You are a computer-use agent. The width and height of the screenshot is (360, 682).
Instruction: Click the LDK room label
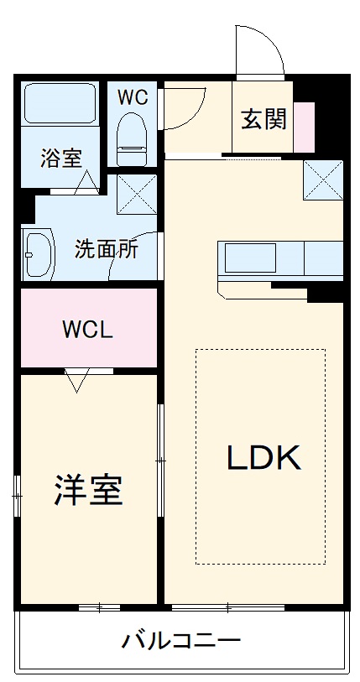(x=262, y=457)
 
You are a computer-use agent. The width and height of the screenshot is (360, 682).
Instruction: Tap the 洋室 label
(x=89, y=490)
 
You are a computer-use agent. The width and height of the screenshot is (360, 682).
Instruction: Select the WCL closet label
(x=86, y=329)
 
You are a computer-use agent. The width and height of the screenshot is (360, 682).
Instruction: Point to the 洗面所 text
(x=107, y=248)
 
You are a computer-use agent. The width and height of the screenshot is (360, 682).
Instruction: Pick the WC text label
(x=132, y=96)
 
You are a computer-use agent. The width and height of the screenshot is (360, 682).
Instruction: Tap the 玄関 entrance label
(x=263, y=120)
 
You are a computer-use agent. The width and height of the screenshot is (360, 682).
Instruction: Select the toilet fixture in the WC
(x=131, y=138)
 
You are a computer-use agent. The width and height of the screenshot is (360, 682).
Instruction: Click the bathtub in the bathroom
(x=60, y=103)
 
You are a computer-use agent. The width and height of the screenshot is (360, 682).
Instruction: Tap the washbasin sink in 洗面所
(x=38, y=252)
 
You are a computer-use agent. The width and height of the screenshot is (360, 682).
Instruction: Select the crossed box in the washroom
(x=133, y=193)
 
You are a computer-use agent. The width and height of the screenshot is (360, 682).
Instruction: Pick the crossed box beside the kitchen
(x=322, y=178)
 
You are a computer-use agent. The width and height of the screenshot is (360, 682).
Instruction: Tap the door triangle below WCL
(x=77, y=379)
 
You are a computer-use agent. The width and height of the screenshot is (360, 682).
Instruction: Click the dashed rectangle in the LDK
(x=260, y=456)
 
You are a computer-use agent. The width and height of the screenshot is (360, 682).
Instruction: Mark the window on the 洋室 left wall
(x=16, y=497)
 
